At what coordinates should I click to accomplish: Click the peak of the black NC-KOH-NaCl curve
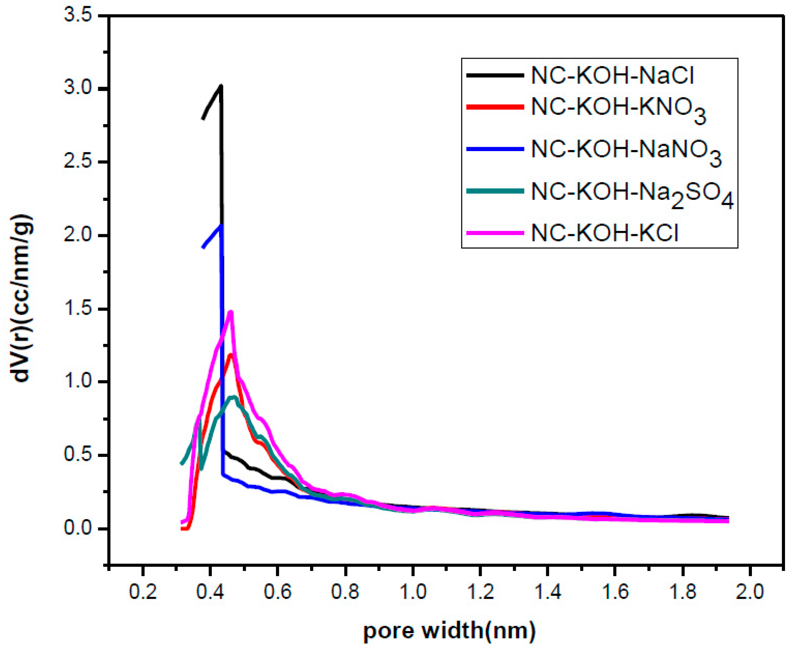221,86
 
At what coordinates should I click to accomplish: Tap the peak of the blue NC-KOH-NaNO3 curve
221,226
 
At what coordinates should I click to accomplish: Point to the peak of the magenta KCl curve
231,312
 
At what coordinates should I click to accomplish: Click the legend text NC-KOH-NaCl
612,76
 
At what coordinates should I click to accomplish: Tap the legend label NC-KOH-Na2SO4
632,192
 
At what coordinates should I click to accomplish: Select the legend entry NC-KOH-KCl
604,233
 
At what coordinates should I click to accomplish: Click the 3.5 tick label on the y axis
78,16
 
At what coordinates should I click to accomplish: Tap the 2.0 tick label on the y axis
78,236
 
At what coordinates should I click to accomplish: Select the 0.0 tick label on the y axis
78,529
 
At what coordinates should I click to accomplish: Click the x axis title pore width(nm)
449,631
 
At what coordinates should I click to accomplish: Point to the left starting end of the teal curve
182,464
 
